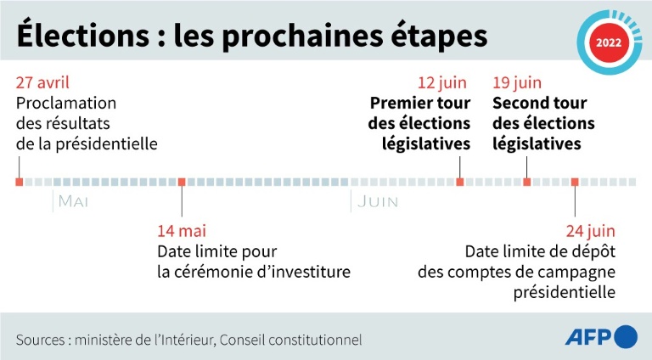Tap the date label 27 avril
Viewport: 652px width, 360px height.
[42, 83]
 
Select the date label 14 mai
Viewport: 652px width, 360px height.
[182, 230]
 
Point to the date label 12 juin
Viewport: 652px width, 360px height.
[444, 83]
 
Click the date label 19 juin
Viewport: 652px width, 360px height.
[517, 83]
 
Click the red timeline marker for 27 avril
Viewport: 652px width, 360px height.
[19, 182]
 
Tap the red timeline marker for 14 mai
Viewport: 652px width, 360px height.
[182, 182]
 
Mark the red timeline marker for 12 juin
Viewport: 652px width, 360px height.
[460, 182]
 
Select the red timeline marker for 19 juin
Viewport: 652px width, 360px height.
[527, 182]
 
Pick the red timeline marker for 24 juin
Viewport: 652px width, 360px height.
[575, 182]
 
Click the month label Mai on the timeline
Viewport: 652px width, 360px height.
[74, 201]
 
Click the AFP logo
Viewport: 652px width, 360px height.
[600, 337]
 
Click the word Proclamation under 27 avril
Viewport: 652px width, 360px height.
[66, 104]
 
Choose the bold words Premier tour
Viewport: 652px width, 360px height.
[419, 104]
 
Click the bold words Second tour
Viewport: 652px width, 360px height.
[540, 104]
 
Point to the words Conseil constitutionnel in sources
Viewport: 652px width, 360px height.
[291, 340]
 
